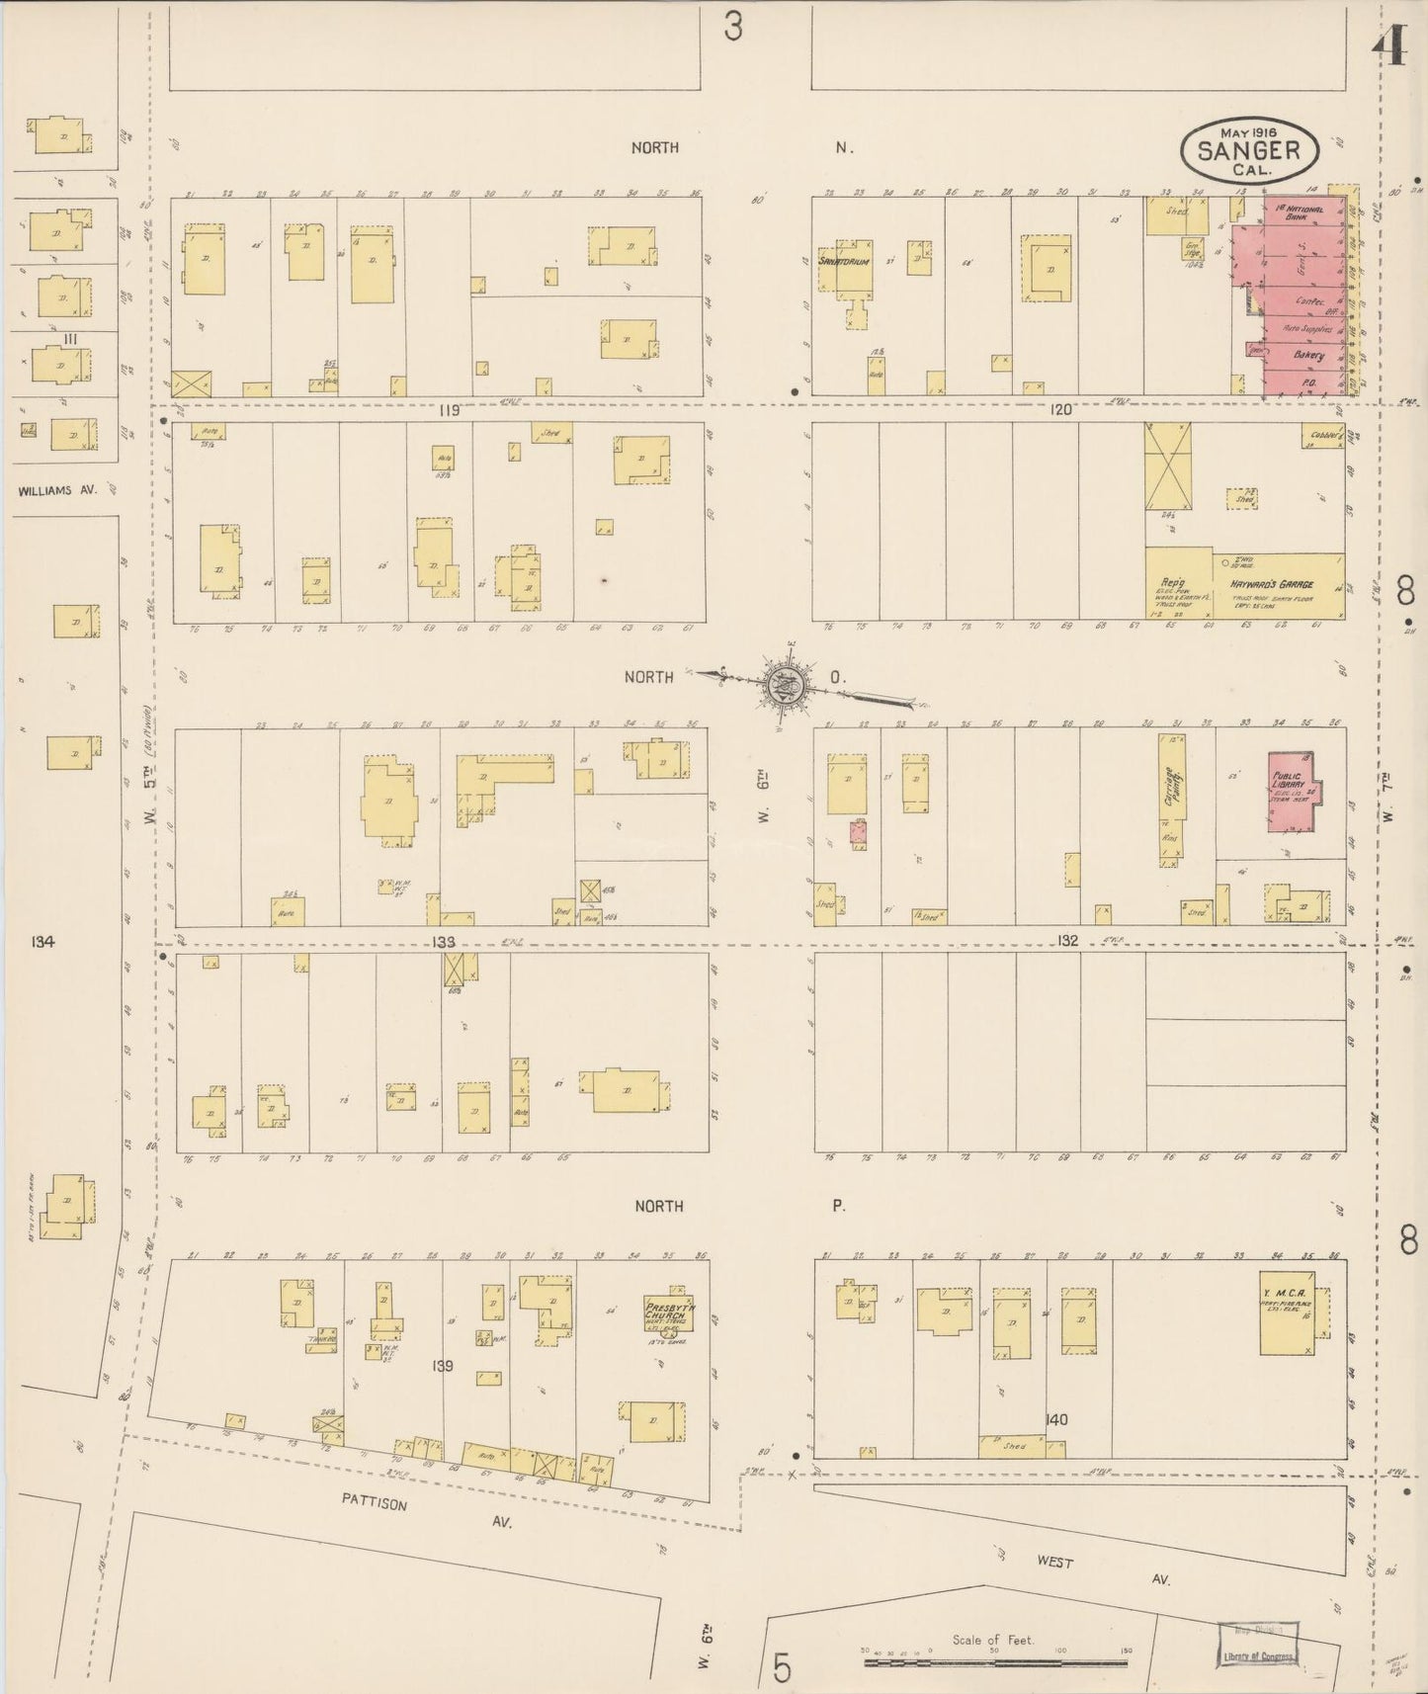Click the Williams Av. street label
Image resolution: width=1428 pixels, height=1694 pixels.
[x=57, y=488]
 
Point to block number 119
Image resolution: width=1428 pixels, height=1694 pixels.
[x=450, y=410]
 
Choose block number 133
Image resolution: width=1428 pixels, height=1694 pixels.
[x=443, y=942]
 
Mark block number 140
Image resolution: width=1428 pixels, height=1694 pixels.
[x=1055, y=1419]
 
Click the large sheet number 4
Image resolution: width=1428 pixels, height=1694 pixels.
[x=1391, y=44]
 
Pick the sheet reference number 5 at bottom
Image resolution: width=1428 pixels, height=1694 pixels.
[x=783, y=1667]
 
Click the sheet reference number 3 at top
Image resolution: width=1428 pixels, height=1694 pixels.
[x=732, y=27]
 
